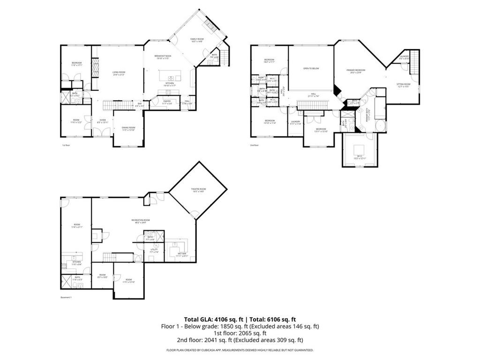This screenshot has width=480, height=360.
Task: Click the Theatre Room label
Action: (x=198, y=190)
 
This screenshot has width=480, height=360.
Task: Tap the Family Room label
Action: (x=197, y=40)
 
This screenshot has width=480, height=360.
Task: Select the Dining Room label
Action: (x=128, y=128)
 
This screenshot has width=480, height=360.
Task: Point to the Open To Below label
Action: (x=311, y=68)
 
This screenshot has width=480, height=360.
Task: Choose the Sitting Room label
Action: (x=403, y=85)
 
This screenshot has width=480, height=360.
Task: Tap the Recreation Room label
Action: (x=141, y=221)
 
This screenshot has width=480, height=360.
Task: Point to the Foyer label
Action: (x=102, y=120)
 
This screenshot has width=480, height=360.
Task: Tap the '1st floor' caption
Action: (x=66, y=145)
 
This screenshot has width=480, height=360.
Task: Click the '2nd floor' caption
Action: (x=255, y=145)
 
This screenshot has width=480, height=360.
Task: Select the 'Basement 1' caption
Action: (x=66, y=297)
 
